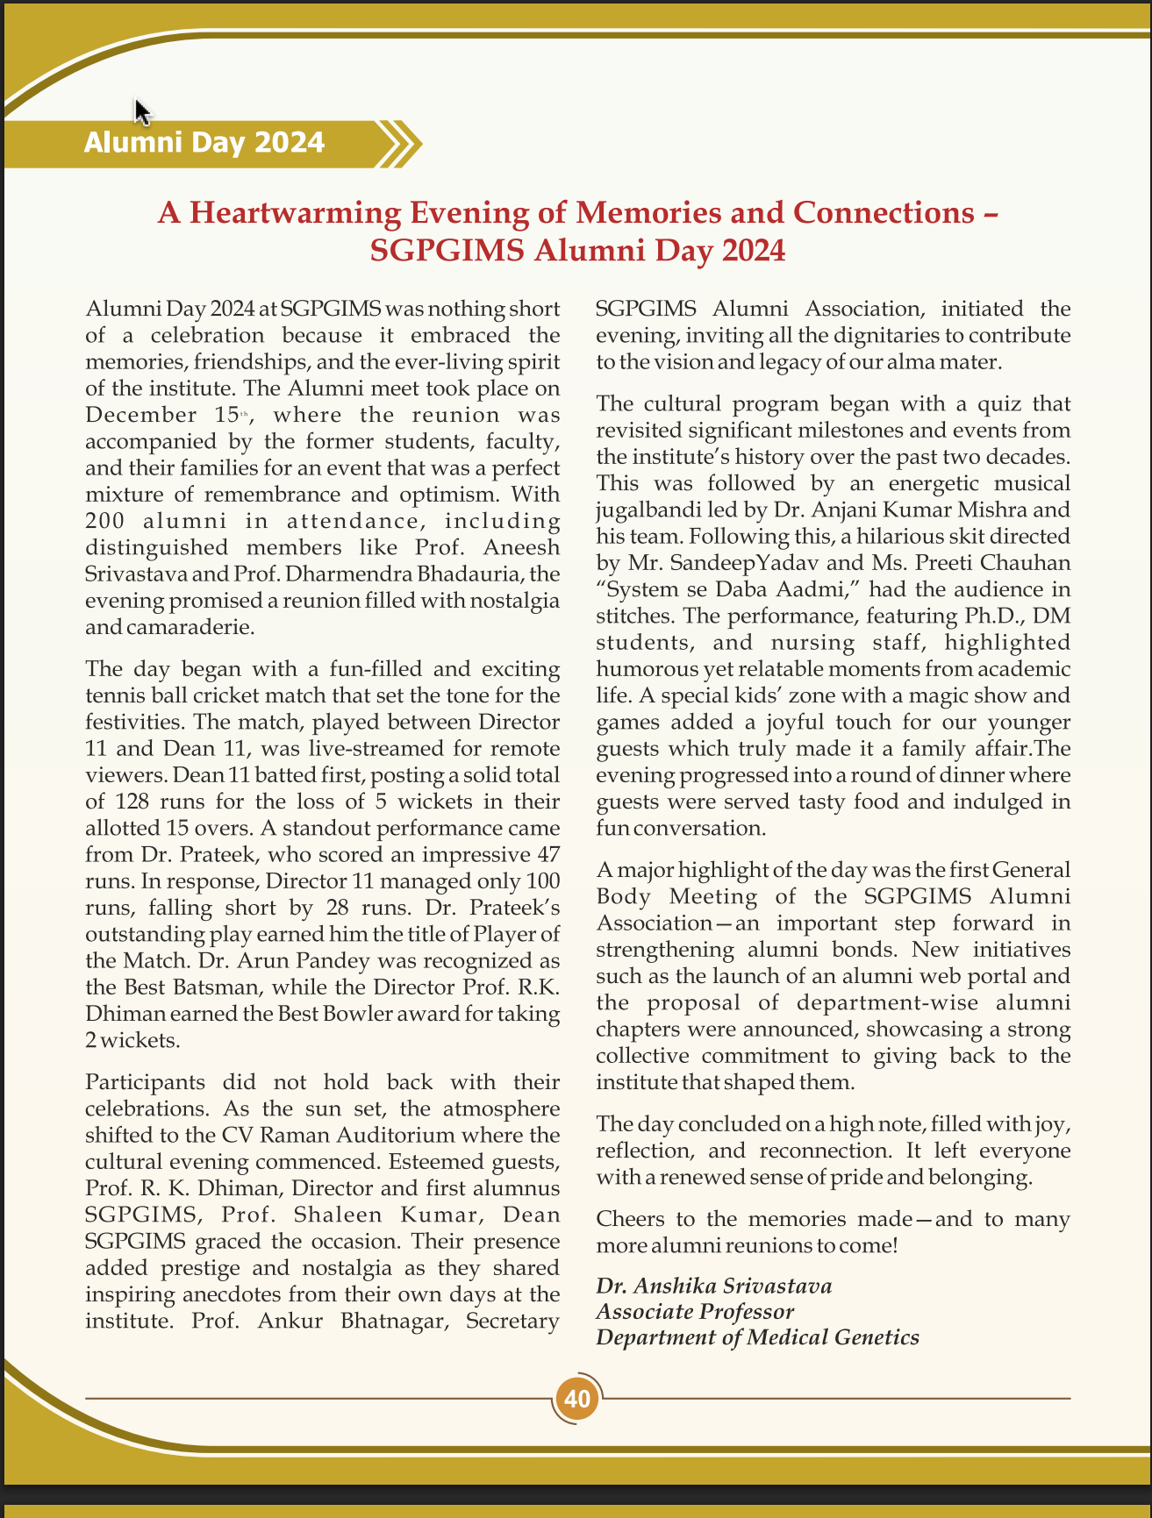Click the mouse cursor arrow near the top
point(142,111)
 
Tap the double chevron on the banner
point(399,143)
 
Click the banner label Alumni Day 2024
point(204,142)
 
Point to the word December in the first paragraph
point(141,415)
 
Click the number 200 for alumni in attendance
point(106,521)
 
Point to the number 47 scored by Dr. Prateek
point(546,854)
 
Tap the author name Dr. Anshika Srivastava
point(713,1286)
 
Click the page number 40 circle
point(577,1398)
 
